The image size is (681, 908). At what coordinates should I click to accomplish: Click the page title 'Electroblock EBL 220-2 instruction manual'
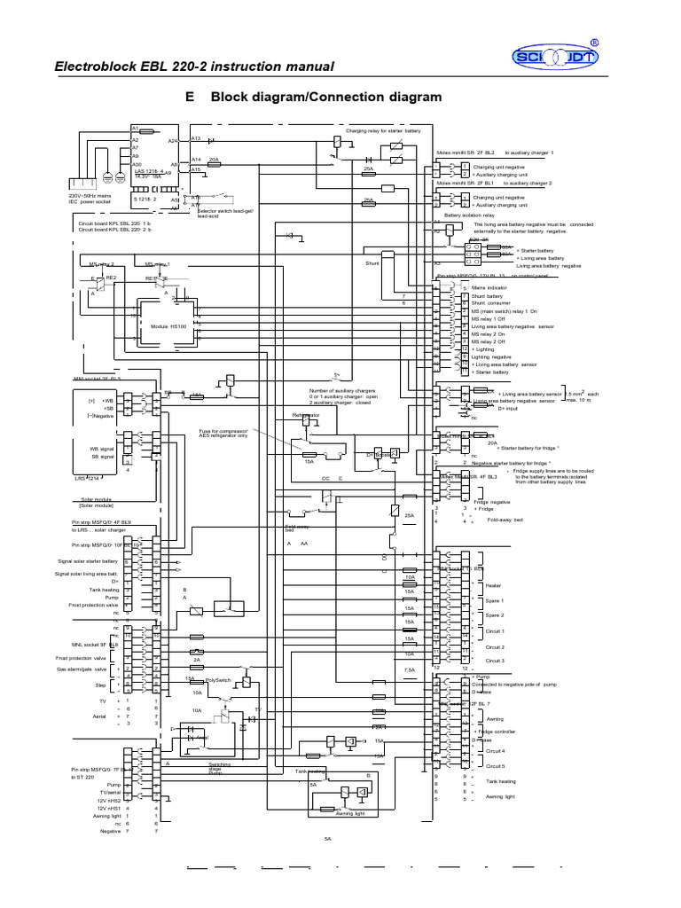click(194, 67)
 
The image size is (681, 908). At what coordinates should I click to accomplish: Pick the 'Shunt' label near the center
click(372, 263)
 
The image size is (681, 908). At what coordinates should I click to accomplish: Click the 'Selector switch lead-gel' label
click(227, 213)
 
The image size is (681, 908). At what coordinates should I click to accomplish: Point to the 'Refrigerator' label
click(306, 415)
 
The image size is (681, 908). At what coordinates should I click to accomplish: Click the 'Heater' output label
click(494, 585)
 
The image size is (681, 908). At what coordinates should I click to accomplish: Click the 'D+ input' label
click(508, 408)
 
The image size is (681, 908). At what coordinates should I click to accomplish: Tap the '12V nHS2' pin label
click(113, 800)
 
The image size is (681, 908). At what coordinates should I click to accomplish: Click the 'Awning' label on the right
click(494, 719)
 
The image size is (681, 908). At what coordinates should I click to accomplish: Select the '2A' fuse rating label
click(197, 660)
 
